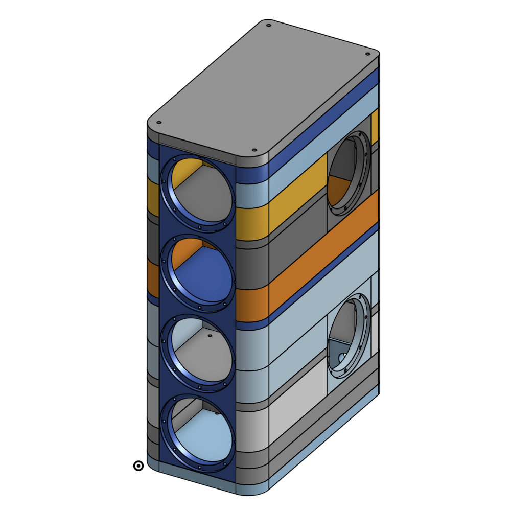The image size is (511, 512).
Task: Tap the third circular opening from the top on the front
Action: click(198, 353)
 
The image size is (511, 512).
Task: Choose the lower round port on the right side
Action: click(349, 335)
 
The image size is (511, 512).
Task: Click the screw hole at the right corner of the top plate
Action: click(367, 54)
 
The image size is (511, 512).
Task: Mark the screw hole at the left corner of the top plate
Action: click(158, 123)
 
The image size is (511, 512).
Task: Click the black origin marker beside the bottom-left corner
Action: click(138, 466)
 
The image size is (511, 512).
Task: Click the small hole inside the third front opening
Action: click(210, 336)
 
